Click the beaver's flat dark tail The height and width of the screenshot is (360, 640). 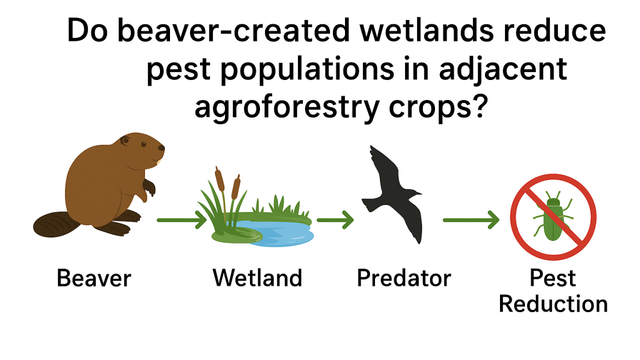pyautogui.click(x=56, y=224)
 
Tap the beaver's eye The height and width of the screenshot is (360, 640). pyautogui.click(x=143, y=145)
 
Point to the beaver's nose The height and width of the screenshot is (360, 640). pyautogui.click(x=162, y=148)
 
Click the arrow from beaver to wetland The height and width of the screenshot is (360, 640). pyautogui.click(x=182, y=220)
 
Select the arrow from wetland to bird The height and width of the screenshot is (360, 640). pyautogui.click(x=335, y=220)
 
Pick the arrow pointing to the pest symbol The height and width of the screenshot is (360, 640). pyautogui.click(x=471, y=220)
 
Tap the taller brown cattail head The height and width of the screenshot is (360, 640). pyautogui.click(x=220, y=179)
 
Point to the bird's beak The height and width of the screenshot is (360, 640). pyautogui.click(x=419, y=193)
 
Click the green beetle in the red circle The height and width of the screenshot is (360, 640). pyautogui.click(x=553, y=217)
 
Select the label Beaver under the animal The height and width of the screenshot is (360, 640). pyautogui.click(x=94, y=278)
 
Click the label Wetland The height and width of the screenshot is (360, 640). pyautogui.click(x=257, y=278)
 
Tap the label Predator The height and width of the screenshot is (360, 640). pyautogui.click(x=404, y=278)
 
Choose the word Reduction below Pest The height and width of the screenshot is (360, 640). pyautogui.click(x=553, y=304)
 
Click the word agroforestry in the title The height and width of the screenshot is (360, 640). pyautogui.click(x=287, y=107)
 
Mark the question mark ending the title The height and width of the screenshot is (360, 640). pyautogui.click(x=479, y=104)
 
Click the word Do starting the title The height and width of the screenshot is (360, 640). pyautogui.click(x=87, y=31)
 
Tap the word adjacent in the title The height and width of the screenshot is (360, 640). pyautogui.click(x=503, y=69)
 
